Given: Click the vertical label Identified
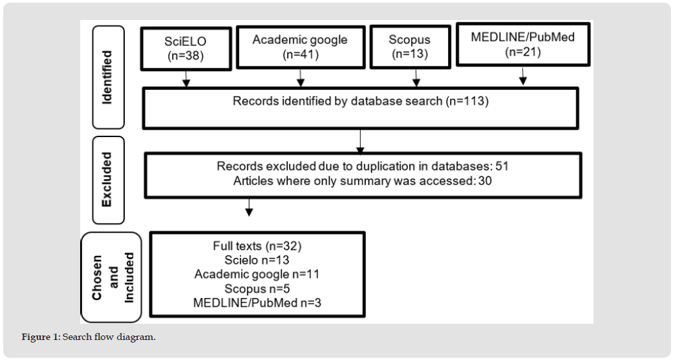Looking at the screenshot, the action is pyautogui.click(x=107, y=77).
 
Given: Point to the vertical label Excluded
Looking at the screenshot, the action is pyautogui.click(x=107, y=180).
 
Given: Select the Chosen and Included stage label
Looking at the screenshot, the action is pyautogui.click(x=112, y=277).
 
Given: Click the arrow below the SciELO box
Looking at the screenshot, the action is pyautogui.click(x=186, y=79).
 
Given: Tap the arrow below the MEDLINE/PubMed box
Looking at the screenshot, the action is pyautogui.click(x=523, y=76).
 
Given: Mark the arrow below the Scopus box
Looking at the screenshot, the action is pyautogui.click(x=416, y=78).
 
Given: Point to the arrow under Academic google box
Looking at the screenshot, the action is pyautogui.click(x=301, y=78).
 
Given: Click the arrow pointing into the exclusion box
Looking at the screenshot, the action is pyautogui.click(x=360, y=141).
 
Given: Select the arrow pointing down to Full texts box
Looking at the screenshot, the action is pyautogui.click(x=248, y=207).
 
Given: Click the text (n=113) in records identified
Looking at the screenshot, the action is pyautogui.click(x=467, y=101).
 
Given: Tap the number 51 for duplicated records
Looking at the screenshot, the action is pyautogui.click(x=502, y=166).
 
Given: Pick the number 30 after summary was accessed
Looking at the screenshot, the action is pyautogui.click(x=485, y=180).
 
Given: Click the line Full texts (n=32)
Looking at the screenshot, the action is pyautogui.click(x=257, y=246).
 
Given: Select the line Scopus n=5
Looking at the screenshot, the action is pyautogui.click(x=257, y=288).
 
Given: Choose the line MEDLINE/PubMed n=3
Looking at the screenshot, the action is pyautogui.click(x=257, y=302).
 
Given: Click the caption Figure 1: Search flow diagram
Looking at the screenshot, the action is pyautogui.click(x=89, y=337).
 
